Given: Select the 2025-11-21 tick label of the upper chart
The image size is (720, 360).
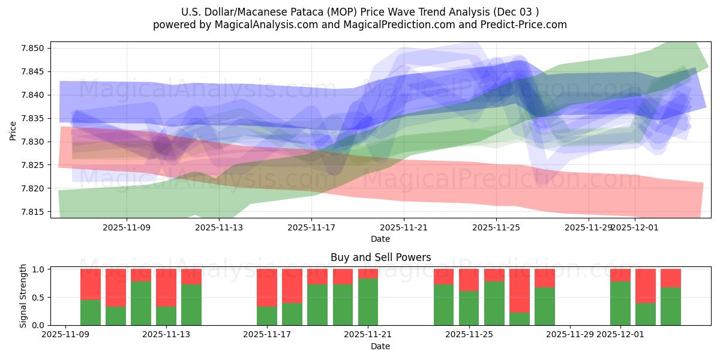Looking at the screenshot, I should (x=404, y=227).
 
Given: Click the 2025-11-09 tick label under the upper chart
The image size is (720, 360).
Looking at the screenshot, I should (x=127, y=227).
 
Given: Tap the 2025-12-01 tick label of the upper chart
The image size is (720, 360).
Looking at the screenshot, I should (x=635, y=227).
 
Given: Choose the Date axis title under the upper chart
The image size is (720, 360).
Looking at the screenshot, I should (x=380, y=239).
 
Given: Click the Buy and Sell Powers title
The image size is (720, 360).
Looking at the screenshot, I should (x=380, y=257).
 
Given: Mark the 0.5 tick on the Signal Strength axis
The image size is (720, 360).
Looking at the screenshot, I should (x=38, y=297).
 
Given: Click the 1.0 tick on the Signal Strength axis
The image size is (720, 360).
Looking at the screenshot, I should (x=38, y=269).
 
